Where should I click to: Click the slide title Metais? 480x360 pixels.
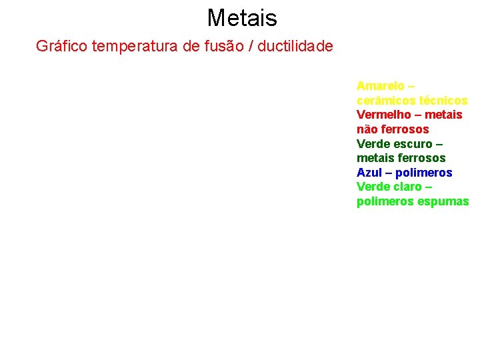click(241, 17)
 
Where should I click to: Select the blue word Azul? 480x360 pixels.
click(369, 173)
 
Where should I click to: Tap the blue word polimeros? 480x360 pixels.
click(424, 173)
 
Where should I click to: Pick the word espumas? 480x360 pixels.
click(443, 201)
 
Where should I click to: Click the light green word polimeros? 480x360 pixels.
click(385, 201)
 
